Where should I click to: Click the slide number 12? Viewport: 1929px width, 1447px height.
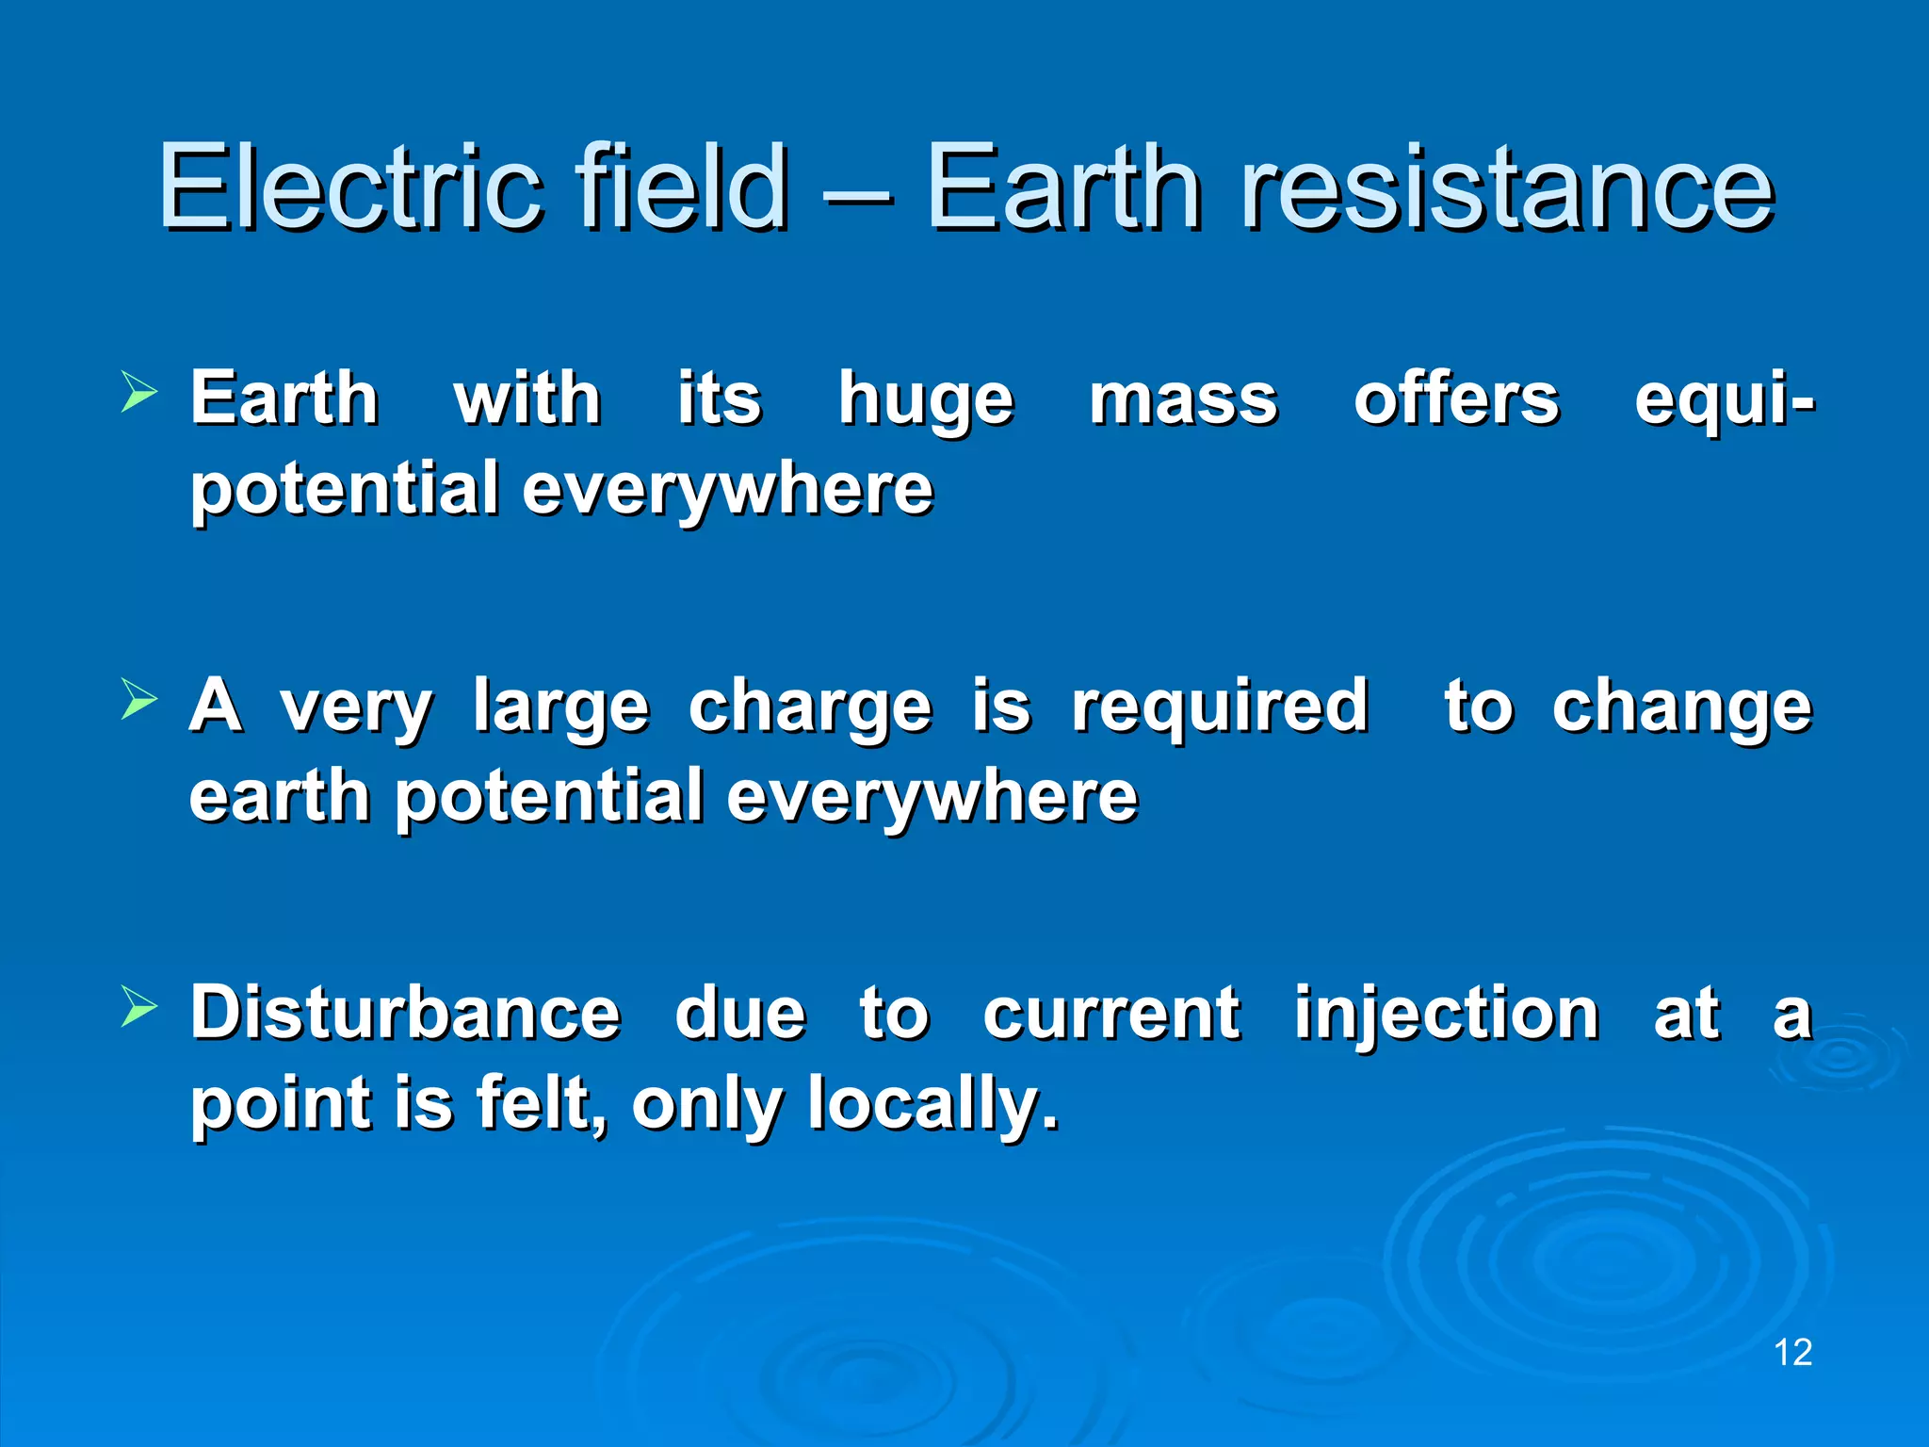tap(1792, 1352)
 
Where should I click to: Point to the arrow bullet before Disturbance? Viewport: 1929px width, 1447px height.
tap(139, 1007)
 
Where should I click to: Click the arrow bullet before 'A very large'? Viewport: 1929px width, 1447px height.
tap(139, 701)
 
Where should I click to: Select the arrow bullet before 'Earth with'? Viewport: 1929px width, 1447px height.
tap(139, 393)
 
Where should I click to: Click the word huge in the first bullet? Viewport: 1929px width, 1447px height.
tap(926, 401)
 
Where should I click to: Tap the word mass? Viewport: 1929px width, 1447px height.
tap(1183, 401)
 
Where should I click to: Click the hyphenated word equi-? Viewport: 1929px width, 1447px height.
tap(1724, 401)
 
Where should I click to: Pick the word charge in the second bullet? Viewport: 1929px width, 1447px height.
tap(810, 708)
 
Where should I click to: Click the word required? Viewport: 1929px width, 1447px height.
tap(1220, 708)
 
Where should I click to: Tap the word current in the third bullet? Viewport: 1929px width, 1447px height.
tap(1111, 1014)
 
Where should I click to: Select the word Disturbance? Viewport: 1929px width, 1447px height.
tap(405, 1013)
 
